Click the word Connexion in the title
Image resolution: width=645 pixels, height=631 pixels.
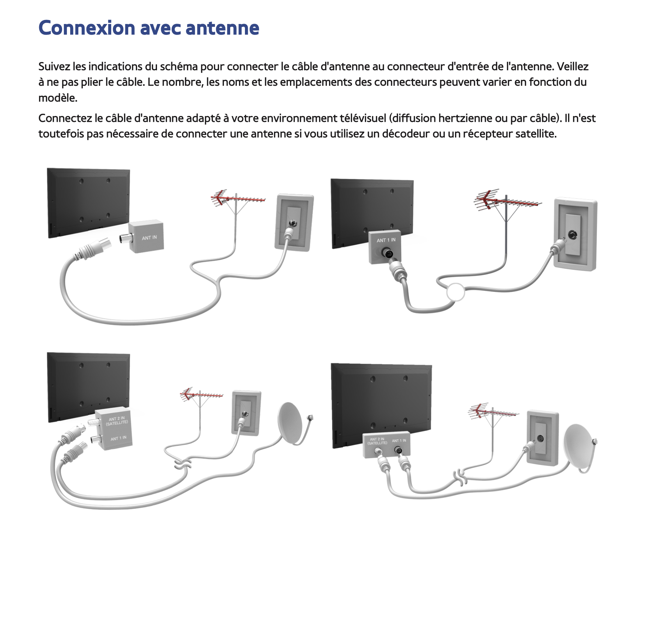coord(87,28)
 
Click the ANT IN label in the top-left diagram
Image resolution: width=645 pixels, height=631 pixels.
coord(149,238)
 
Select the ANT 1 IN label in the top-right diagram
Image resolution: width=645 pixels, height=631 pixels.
coord(386,240)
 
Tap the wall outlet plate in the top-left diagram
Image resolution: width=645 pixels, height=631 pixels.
coord(294,223)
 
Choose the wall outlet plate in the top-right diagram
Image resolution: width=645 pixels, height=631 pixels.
coord(575,234)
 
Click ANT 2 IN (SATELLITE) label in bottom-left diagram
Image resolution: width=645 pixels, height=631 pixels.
coord(117,421)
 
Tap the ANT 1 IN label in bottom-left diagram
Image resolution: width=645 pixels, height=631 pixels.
coord(118,438)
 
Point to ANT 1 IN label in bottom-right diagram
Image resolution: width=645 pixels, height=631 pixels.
coord(399,440)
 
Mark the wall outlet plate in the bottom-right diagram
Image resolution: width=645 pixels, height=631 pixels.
coord(542,438)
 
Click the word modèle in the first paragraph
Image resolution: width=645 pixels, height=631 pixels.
coord(57,98)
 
